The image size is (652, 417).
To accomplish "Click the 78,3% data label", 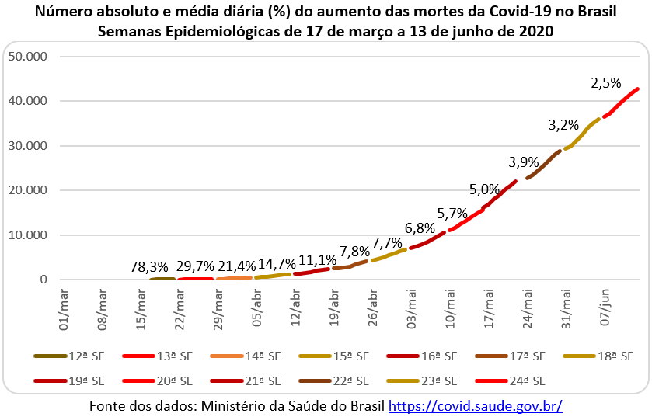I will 148,268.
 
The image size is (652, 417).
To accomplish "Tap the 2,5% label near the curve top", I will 606,82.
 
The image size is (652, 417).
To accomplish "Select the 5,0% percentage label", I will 485,189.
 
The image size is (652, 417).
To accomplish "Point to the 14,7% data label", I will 277,265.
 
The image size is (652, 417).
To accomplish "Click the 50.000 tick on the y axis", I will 26,57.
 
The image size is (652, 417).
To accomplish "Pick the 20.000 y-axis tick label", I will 26,190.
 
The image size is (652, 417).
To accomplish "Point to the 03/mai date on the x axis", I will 410,308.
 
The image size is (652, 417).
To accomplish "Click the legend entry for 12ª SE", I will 70,356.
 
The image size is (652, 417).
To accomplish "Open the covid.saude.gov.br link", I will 475,405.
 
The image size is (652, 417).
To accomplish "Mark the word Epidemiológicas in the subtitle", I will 237,32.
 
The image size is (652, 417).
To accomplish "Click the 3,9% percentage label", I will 525,163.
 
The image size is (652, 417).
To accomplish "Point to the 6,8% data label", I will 420,229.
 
